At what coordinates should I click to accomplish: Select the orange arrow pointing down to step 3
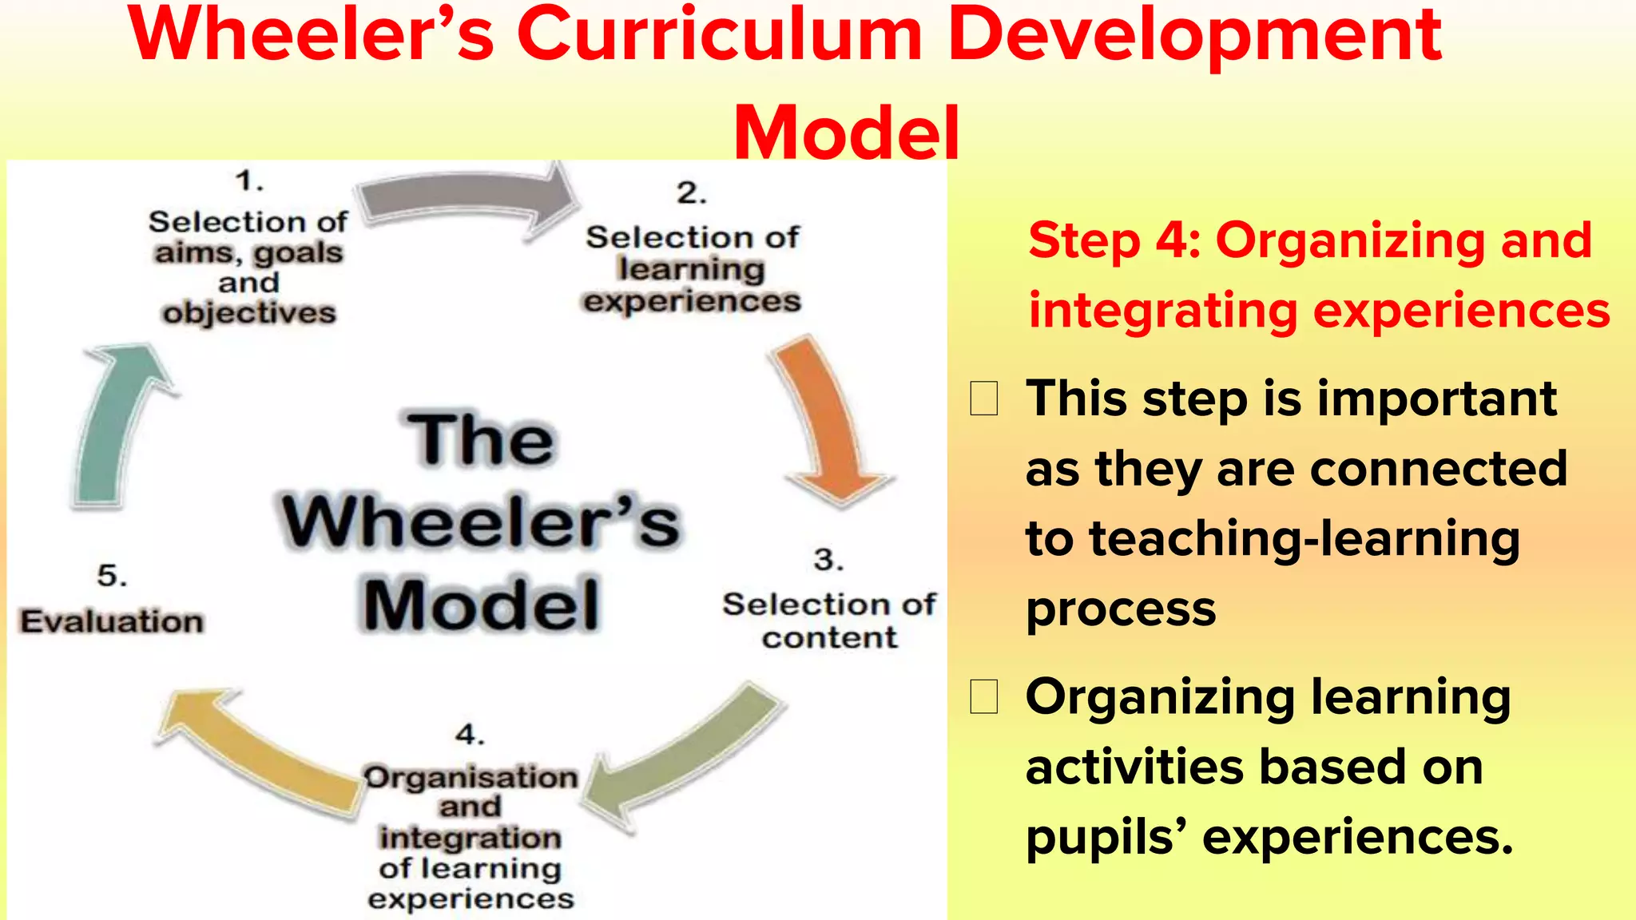tap(827, 423)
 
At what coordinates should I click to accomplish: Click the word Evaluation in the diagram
tap(112, 621)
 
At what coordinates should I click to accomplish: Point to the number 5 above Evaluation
tap(112, 575)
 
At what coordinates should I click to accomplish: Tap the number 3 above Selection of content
tap(828, 559)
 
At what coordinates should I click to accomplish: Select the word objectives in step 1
tap(249, 313)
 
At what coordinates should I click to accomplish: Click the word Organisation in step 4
tap(471, 776)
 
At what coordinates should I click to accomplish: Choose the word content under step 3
tap(829, 637)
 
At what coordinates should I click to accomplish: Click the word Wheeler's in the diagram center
tap(481, 521)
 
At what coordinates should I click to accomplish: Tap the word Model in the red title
tap(846, 132)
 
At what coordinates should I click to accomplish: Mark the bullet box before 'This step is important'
tap(983, 399)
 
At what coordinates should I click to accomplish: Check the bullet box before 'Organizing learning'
tap(983, 696)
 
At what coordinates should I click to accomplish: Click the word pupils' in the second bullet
tap(1106, 837)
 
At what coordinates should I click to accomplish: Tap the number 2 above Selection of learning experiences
tap(692, 192)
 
